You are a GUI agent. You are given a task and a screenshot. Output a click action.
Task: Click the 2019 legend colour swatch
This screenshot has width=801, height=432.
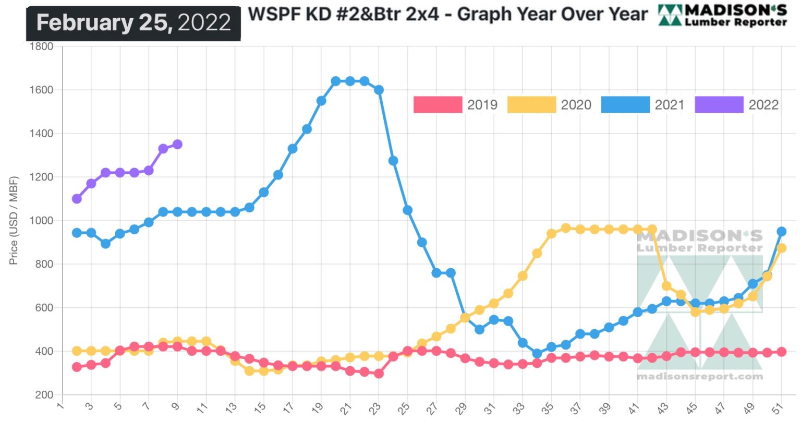point(438,104)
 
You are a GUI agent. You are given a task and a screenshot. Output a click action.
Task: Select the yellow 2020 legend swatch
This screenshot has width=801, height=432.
point(531,104)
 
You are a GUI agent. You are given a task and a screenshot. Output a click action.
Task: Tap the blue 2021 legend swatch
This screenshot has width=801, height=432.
point(625,104)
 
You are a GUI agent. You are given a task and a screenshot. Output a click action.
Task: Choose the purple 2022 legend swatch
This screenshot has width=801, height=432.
point(719,104)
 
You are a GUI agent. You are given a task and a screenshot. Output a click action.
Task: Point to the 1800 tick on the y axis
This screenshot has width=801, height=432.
point(41,46)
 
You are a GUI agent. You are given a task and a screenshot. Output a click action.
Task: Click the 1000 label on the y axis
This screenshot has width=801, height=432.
point(41,221)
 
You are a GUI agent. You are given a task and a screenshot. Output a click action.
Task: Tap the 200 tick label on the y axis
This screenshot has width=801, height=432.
point(44,395)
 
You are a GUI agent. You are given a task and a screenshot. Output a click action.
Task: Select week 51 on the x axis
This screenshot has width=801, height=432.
point(778,409)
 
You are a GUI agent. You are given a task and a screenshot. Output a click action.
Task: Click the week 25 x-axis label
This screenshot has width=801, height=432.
point(404,409)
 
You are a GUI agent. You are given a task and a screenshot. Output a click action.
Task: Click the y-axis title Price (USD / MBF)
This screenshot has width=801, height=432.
point(14,220)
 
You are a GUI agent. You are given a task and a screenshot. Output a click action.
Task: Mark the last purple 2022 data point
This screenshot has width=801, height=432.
point(177,144)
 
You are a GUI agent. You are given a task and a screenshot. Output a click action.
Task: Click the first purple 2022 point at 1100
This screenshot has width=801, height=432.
point(77,199)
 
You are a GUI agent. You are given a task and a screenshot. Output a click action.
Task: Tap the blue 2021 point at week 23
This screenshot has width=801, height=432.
point(379,90)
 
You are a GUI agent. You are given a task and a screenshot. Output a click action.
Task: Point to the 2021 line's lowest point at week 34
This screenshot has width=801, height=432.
point(537,353)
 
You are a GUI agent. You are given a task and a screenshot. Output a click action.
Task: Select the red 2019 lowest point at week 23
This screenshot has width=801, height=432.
point(379,374)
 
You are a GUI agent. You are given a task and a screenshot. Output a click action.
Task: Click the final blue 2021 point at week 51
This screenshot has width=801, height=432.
point(781,231)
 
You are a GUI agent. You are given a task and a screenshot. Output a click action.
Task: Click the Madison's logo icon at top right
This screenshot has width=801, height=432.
point(670,16)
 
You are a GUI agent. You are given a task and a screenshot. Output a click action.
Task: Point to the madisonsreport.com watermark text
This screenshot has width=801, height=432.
point(700,376)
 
